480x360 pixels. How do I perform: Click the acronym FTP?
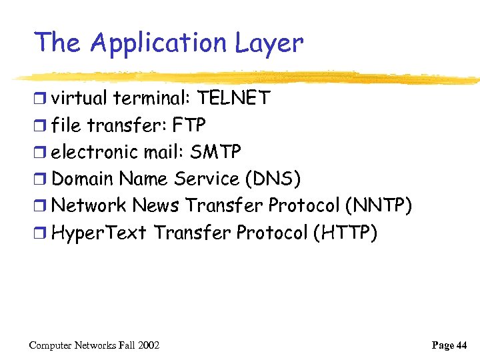click(x=189, y=125)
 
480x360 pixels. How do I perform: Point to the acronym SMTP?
click(x=215, y=152)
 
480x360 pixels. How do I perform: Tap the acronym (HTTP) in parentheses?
click(x=344, y=233)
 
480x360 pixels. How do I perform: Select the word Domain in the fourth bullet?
click(x=81, y=179)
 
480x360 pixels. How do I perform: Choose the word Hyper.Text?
click(x=99, y=233)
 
